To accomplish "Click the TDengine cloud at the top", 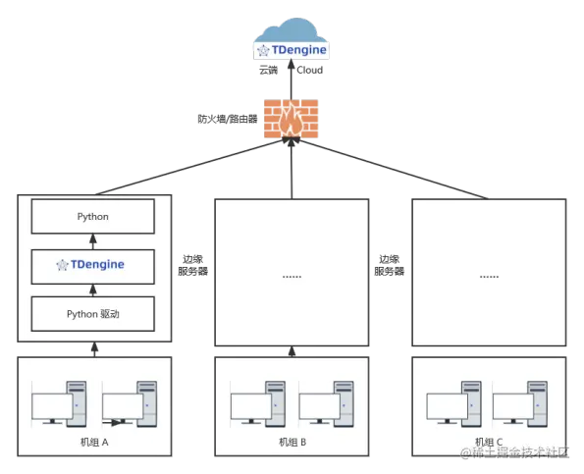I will pos(291,45).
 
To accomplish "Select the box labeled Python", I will pos(93,216).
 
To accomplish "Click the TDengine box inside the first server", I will pos(93,264).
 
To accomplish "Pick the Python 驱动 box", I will pos(93,313).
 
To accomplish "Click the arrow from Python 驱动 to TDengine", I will pos(94,289).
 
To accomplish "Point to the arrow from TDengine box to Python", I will pos(94,240).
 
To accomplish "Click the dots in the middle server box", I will pos(292,276).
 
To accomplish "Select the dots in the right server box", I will pos(488,276).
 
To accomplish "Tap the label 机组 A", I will pos(94,443).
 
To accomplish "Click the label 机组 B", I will pos(291,443).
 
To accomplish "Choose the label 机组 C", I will pos(488,443).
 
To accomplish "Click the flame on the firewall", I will pos(291,119).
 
